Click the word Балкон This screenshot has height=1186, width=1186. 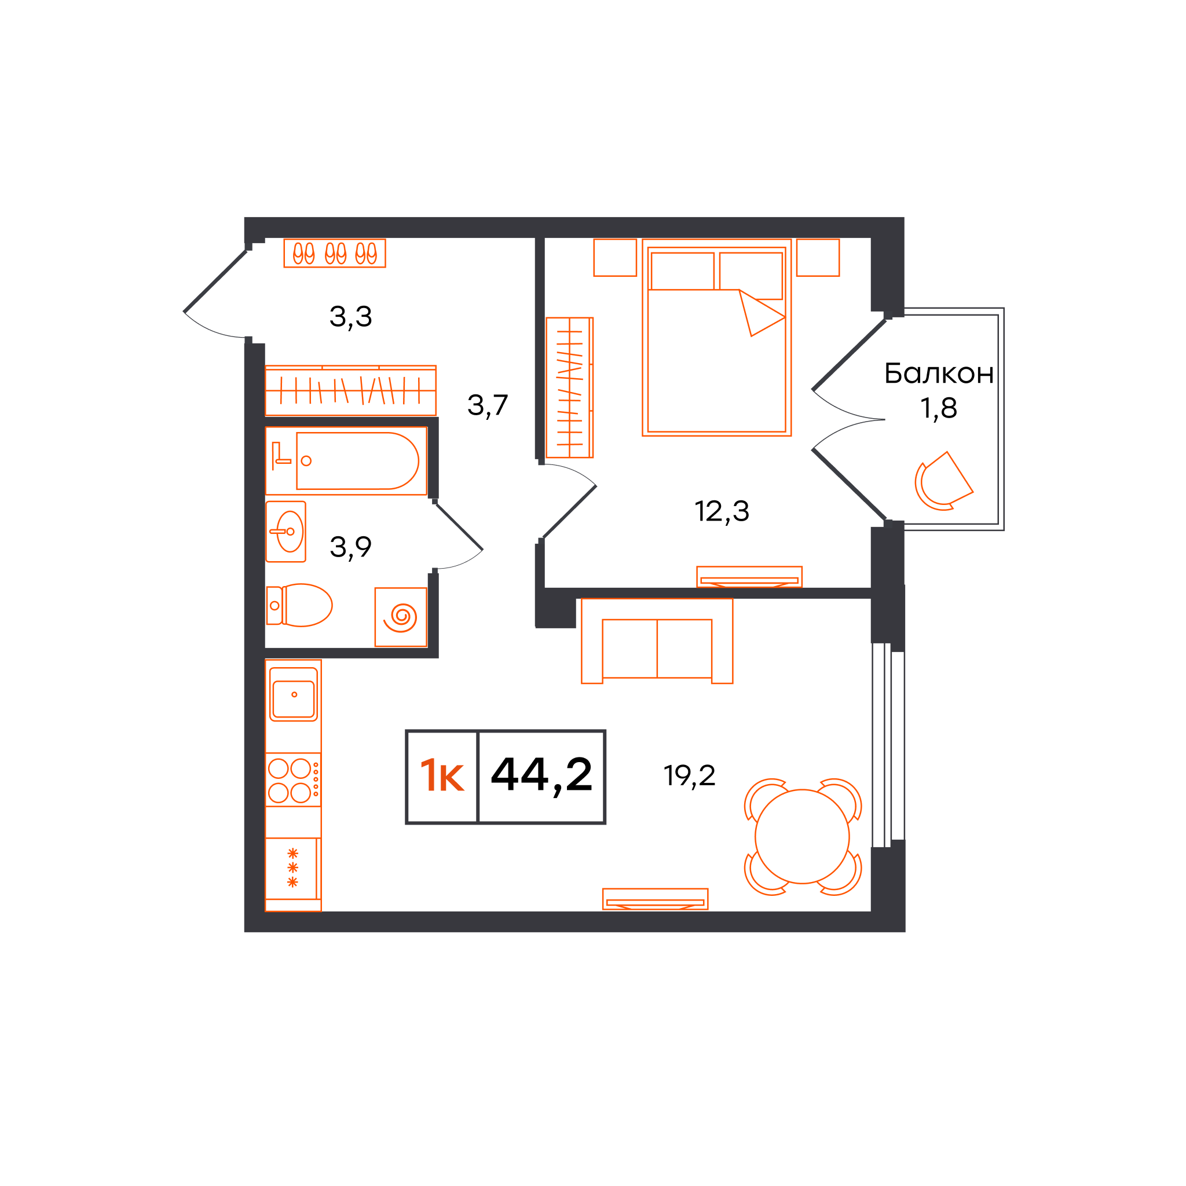coord(939,374)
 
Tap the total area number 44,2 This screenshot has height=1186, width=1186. coord(541,776)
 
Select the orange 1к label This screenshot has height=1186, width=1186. coord(442,775)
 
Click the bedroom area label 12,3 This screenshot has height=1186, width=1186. coord(722,511)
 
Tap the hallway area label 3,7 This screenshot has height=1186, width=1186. coord(488,406)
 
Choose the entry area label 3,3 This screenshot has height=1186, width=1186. coord(350,317)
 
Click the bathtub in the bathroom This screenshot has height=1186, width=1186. coord(346,460)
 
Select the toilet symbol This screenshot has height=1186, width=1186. coord(299,605)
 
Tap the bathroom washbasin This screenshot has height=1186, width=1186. coord(285,532)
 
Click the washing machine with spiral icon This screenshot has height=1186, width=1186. coord(401,617)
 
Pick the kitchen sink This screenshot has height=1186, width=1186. coord(294,694)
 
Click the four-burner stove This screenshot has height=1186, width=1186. coord(294,779)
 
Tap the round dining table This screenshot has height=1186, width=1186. coord(801,837)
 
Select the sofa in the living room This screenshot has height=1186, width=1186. coord(657,641)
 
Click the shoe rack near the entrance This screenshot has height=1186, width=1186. coord(335,253)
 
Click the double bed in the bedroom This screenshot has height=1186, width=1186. coord(716,338)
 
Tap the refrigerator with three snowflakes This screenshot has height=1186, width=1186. coord(293,869)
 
